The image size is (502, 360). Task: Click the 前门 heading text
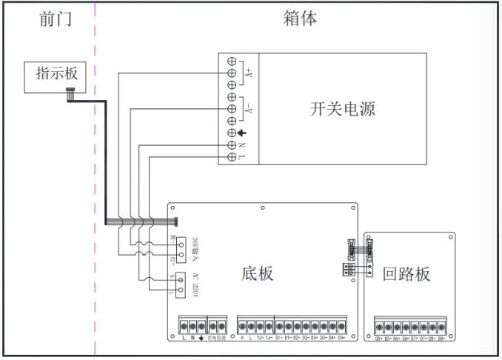click(x=56, y=19)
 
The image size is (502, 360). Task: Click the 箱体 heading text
click(x=300, y=19)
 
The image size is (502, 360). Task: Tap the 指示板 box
click(x=56, y=75)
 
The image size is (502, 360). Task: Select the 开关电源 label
click(x=342, y=109)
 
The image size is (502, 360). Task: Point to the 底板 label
click(x=258, y=273)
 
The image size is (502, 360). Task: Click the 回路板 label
click(x=406, y=274)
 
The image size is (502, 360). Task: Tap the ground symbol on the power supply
click(x=242, y=133)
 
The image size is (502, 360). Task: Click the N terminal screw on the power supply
click(x=231, y=145)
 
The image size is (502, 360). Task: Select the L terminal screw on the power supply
click(x=231, y=157)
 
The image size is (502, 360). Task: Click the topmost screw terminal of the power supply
click(x=231, y=61)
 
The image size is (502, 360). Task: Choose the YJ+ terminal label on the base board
click(x=260, y=339)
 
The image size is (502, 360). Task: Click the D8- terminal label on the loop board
click(x=442, y=339)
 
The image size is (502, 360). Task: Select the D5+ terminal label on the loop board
click(x=379, y=339)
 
